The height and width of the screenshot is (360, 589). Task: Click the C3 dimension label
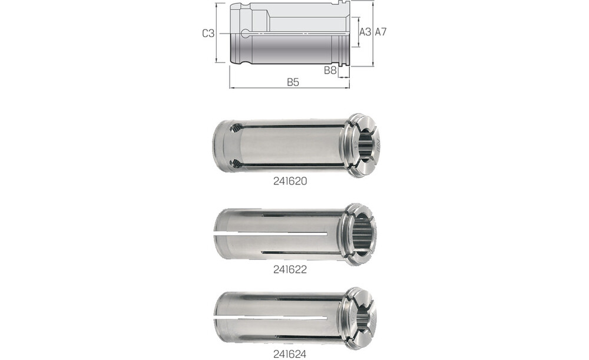209,34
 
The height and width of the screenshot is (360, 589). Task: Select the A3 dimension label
365,32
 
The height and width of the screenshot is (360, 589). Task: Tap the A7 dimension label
380,32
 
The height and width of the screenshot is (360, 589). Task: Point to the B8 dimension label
330,70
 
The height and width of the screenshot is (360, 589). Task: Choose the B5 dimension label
293,82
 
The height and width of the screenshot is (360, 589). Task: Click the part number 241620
290,181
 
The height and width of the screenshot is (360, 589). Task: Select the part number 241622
290,269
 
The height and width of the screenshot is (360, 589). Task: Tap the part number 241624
290,354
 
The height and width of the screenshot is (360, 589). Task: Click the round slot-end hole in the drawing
246,34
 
